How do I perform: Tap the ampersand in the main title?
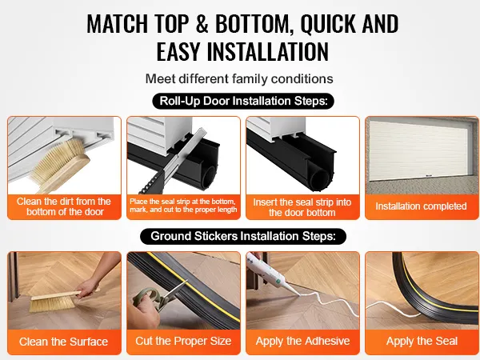(202, 23)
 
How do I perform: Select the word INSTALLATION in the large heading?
(268, 51)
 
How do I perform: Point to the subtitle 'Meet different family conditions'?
(239, 78)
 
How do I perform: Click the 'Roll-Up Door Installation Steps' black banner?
(243, 101)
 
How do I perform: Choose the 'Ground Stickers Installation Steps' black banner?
(243, 236)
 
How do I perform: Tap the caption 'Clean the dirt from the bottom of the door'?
(64, 206)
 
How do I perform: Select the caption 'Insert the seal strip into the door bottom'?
(302, 207)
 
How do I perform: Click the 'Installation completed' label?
(422, 206)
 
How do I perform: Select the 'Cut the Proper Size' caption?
(183, 341)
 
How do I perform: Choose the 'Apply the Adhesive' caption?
(302, 341)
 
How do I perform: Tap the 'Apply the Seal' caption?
(422, 341)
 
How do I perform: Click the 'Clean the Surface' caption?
(64, 342)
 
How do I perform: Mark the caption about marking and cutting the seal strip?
(183, 206)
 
